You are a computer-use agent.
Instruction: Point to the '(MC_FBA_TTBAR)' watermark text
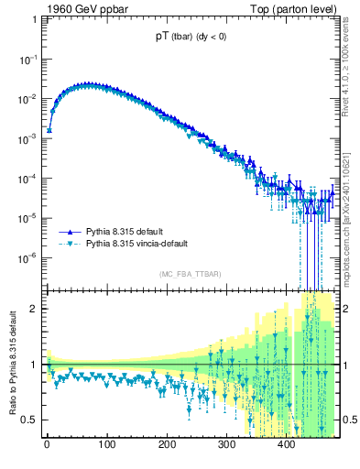coord(189,275)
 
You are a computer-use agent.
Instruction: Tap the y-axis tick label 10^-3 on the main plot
coord(28,137)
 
